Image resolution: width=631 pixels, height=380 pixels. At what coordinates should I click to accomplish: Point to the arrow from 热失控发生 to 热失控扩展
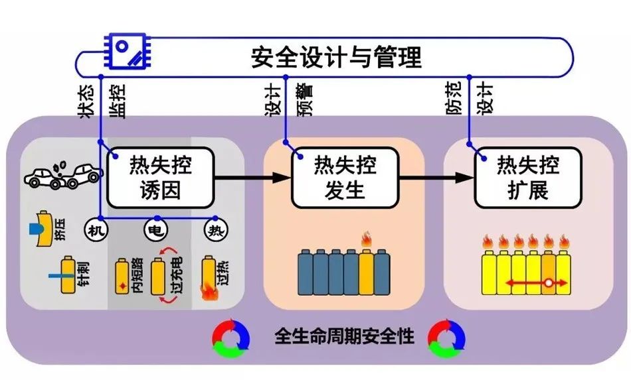click(x=435, y=178)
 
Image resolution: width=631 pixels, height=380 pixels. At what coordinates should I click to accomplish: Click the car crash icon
click(x=64, y=172)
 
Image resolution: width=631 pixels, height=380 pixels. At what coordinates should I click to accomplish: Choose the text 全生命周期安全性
click(x=344, y=336)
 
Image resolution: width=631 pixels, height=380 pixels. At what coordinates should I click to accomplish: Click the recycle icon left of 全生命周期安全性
click(x=230, y=336)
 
